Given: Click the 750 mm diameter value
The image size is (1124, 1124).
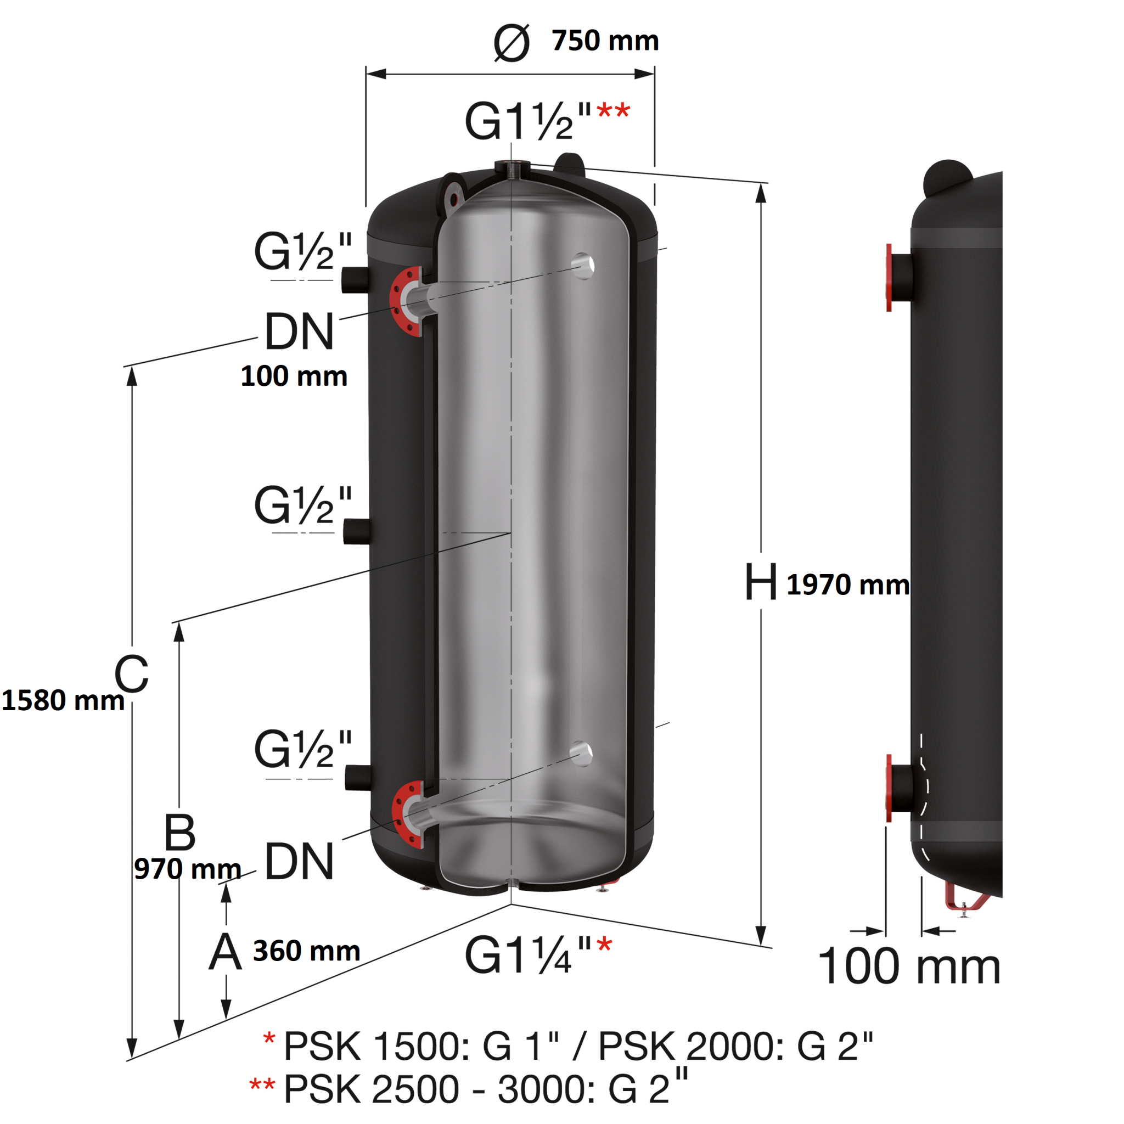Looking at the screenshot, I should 605,41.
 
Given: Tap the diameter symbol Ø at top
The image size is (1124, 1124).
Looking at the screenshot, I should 512,42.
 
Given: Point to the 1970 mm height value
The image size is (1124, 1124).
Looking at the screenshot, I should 847,585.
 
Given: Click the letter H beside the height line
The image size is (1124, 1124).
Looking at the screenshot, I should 760,582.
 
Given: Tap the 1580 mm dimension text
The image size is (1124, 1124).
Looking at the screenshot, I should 63,700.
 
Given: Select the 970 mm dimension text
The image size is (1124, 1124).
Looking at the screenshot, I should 187,869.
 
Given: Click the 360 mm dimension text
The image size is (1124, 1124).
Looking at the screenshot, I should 306,951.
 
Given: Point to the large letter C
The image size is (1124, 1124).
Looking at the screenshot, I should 132,674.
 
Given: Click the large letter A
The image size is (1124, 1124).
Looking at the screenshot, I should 225,952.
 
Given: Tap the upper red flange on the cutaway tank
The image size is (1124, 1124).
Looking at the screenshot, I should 406,301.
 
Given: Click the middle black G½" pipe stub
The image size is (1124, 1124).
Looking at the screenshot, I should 356,532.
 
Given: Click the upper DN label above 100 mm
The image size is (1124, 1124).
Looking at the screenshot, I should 299,331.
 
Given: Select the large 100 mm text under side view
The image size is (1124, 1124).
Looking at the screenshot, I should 909,966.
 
